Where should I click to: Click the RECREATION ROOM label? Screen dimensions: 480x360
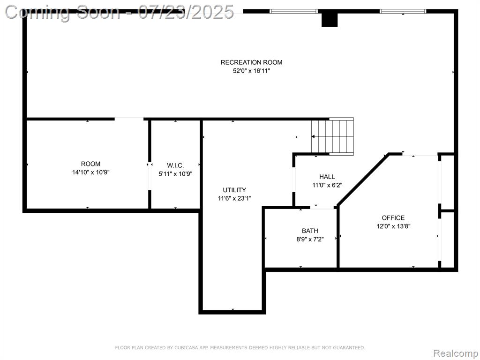pyautogui.click(x=251, y=62)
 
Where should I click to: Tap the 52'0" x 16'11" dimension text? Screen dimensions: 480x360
pyautogui.click(x=251, y=71)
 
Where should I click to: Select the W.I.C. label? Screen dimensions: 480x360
pyautogui.click(x=175, y=165)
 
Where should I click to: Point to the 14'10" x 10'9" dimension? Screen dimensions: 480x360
pyautogui.click(x=90, y=172)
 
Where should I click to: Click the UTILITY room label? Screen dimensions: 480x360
pyautogui.click(x=234, y=190)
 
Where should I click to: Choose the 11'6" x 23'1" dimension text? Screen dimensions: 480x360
pyautogui.click(x=234, y=198)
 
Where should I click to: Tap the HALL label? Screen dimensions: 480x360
pyautogui.click(x=327, y=177)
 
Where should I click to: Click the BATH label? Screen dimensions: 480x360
pyautogui.click(x=310, y=231)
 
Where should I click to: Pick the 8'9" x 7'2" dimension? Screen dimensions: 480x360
pyautogui.click(x=310, y=240)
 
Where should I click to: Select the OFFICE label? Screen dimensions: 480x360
pyautogui.click(x=393, y=218)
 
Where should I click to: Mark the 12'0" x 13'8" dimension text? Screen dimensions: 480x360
pyautogui.click(x=393, y=226)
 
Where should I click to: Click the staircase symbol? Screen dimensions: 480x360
pyautogui.click(x=332, y=136)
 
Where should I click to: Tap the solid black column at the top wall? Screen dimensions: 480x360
pyautogui.click(x=330, y=20)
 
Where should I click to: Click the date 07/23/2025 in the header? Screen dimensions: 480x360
pyautogui.click(x=186, y=12)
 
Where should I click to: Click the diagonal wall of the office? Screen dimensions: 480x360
pyautogui.click(x=363, y=179)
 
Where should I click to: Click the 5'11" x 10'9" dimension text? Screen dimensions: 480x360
pyautogui.click(x=175, y=174)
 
